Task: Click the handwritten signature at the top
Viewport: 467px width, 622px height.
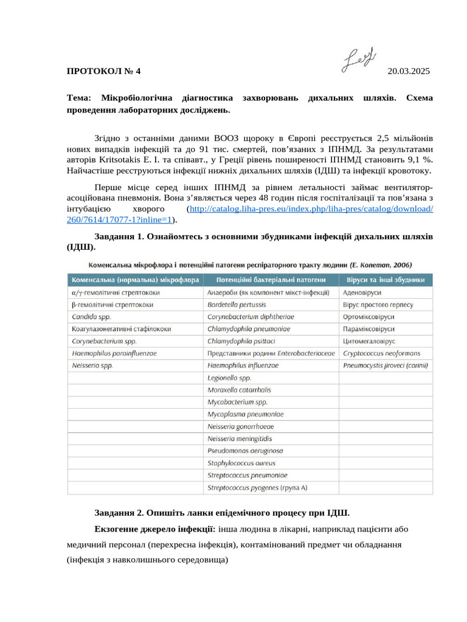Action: point(358,61)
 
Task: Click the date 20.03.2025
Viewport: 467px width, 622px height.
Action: point(408,71)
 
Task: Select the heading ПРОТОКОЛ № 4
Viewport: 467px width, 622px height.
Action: point(103,71)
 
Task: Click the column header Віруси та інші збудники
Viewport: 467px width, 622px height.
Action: point(385,280)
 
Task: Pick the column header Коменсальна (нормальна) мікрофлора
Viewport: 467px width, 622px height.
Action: point(136,280)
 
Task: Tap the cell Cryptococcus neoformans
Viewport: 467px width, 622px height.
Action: point(381,353)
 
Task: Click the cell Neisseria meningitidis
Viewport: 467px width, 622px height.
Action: point(240,439)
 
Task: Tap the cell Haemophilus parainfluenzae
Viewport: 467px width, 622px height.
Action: point(114,353)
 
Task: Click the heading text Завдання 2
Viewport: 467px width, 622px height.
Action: point(123,511)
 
